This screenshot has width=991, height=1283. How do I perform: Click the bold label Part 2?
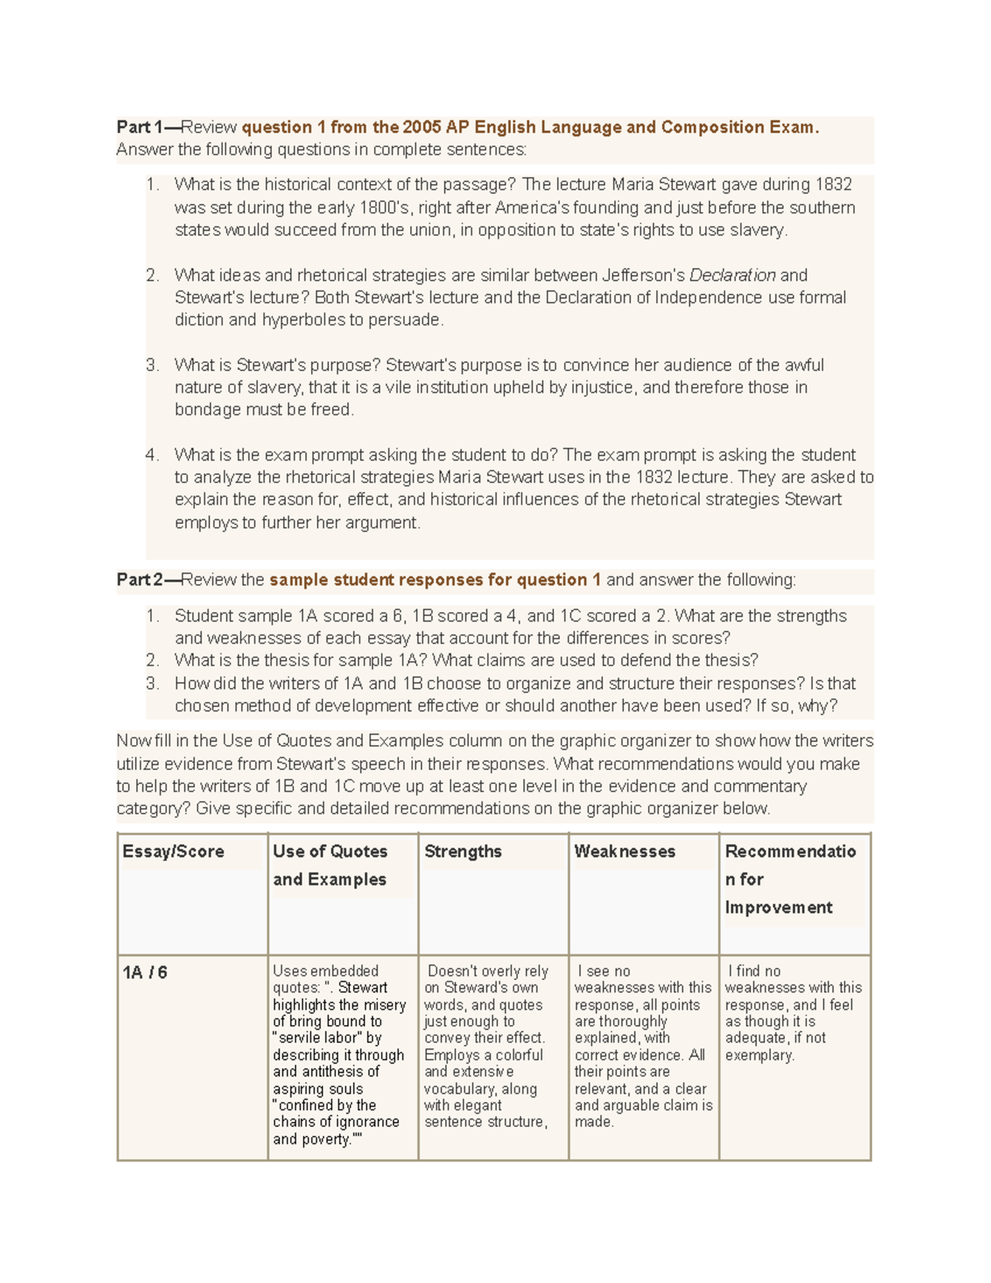click(x=140, y=580)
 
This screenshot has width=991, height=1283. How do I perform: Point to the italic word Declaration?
click(x=733, y=275)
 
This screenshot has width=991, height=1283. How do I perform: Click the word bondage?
click(x=207, y=410)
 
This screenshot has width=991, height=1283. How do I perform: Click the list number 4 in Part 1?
click(x=151, y=455)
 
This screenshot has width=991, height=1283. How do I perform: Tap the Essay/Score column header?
click(x=173, y=852)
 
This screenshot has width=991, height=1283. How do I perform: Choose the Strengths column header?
click(x=462, y=852)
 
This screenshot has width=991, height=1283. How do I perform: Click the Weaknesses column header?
click(x=624, y=852)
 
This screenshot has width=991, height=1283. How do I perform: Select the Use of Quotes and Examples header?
click(x=330, y=865)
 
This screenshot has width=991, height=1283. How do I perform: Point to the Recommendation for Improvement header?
click(x=789, y=879)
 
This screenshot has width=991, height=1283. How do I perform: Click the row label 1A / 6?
click(x=145, y=973)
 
